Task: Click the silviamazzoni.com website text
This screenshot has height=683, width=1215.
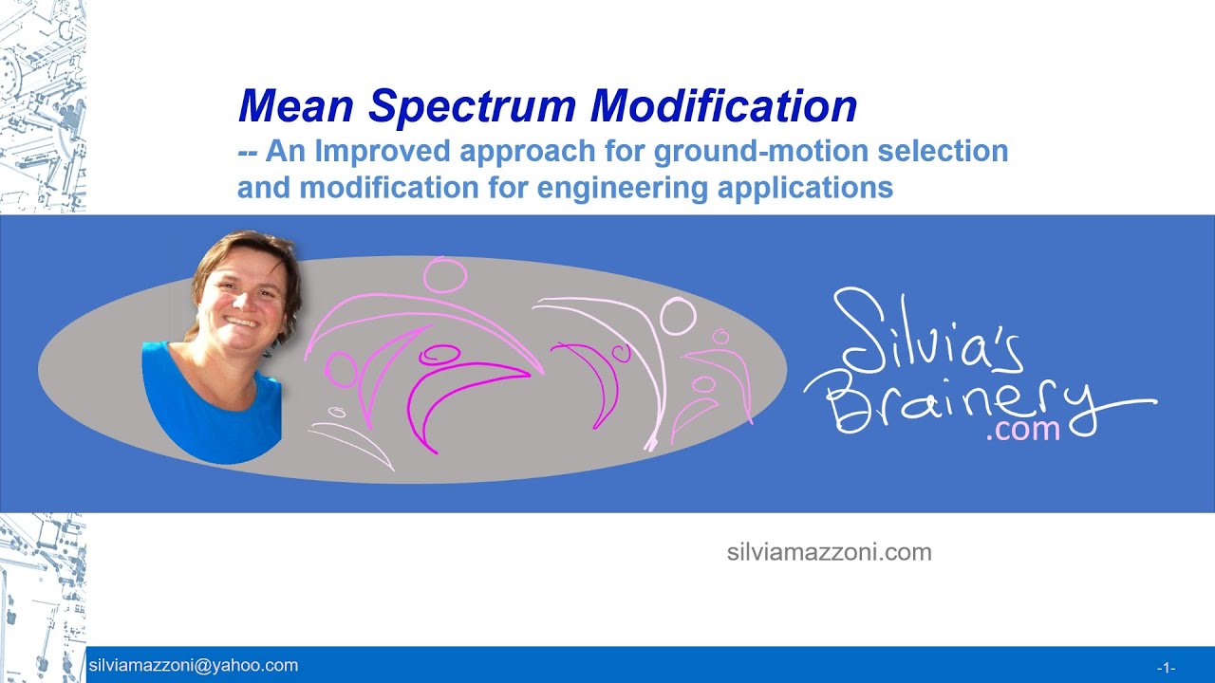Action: (x=829, y=552)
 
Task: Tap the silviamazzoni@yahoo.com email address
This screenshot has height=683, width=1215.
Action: (x=193, y=666)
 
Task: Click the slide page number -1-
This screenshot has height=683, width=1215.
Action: (x=1166, y=667)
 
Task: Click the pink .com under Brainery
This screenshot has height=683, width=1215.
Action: (x=1022, y=431)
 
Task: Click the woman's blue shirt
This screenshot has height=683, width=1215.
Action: (x=214, y=408)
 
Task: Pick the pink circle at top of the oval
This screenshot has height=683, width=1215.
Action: (x=445, y=274)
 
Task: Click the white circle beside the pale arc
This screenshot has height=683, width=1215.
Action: (x=678, y=316)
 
